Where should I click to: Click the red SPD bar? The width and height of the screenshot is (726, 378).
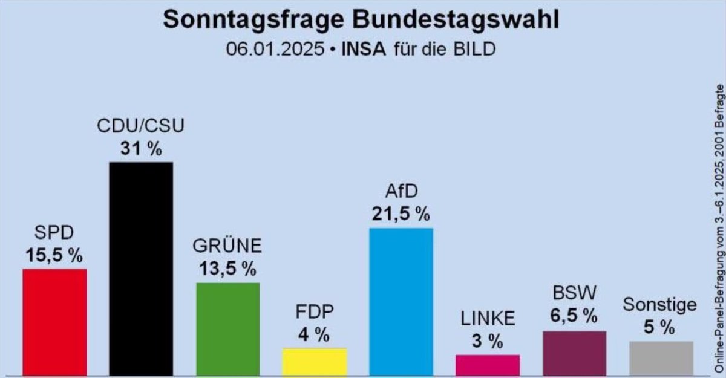click(x=54, y=322)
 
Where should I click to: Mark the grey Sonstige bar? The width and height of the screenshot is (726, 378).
click(x=661, y=358)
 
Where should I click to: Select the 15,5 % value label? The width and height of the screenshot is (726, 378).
click(x=54, y=255)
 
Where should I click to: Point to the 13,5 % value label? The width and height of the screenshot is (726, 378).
click(x=227, y=269)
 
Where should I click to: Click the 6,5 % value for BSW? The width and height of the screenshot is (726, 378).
click(x=574, y=316)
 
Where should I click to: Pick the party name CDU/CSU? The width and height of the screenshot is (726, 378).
click(x=140, y=126)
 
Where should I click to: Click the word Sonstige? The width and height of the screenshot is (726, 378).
click(x=659, y=305)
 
